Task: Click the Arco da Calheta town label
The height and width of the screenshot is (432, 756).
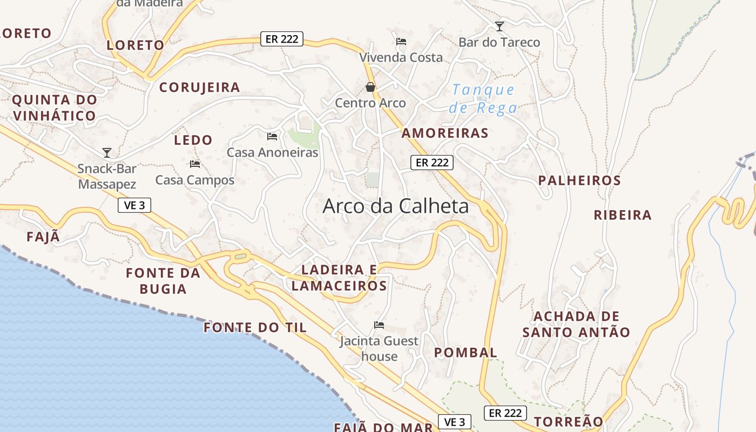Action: coord(396,206)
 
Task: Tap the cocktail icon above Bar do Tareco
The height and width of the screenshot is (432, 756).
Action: coord(500,26)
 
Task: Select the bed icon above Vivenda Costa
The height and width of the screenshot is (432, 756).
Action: coord(401,42)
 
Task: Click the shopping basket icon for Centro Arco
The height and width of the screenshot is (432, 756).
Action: coord(370,87)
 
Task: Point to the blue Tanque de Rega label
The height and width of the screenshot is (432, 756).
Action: coord(483,99)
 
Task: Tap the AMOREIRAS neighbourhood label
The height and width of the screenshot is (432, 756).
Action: coord(445,133)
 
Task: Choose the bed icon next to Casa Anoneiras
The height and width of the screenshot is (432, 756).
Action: coord(272,137)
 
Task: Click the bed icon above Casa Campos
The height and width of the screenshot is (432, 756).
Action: coord(195,164)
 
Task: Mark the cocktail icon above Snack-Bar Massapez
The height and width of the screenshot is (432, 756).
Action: coord(107,153)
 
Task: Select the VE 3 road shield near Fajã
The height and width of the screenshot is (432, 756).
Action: coord(134,205)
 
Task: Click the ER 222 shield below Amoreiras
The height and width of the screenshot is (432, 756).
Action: coord(431,163)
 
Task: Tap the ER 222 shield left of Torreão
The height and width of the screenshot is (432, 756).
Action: coord(505,413)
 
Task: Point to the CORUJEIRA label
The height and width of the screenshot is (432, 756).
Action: coord(200,87)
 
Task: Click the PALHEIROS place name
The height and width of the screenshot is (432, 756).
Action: coord(579,180)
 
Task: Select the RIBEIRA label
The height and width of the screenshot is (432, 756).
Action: coord(623,215)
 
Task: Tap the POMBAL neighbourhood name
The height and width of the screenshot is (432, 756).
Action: coord(465,353)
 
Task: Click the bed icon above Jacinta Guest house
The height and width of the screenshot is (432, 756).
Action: coord(379,325)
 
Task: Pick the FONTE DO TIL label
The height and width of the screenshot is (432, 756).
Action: coord(255,328)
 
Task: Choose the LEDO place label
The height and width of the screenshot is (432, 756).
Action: coord(193,140)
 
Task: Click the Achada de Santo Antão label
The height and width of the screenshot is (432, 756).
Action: coord(576,324)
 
